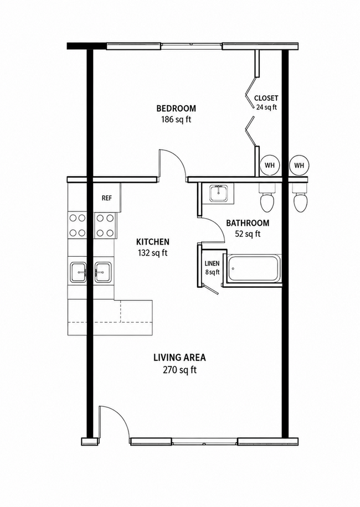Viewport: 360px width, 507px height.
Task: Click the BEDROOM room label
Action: (x=176, y=108)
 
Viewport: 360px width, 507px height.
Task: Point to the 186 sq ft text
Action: (x=176, y=120)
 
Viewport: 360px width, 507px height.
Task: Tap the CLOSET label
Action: (x=266, y=98)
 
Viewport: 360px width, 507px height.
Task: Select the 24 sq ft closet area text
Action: (x=266, y=107)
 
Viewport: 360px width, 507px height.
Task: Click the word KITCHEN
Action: (x=153, y=242)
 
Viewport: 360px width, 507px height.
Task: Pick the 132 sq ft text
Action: (x=153, y=253)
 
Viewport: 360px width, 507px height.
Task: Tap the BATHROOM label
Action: (x=248, y=223)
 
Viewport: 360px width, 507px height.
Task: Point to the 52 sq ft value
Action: (x=248, y=234)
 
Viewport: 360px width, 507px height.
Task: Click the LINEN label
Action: (x=212, y=263)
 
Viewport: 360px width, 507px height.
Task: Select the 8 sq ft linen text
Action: (x=212, y=272)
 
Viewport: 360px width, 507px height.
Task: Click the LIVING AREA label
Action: (x=179, y=358)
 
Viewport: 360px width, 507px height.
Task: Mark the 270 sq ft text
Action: (x=179, y=370)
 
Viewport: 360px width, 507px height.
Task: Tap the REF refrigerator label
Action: (x=107, y=198)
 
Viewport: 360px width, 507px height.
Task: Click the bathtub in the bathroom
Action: (x=254, y=268)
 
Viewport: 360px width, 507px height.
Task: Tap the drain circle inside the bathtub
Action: (x=233, y=268)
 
